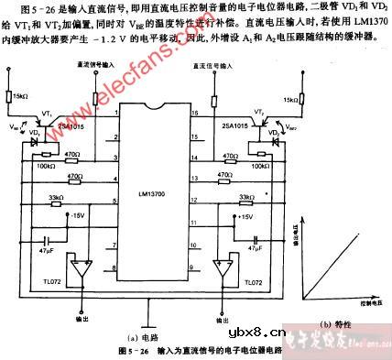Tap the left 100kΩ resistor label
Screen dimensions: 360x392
[41, 165]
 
